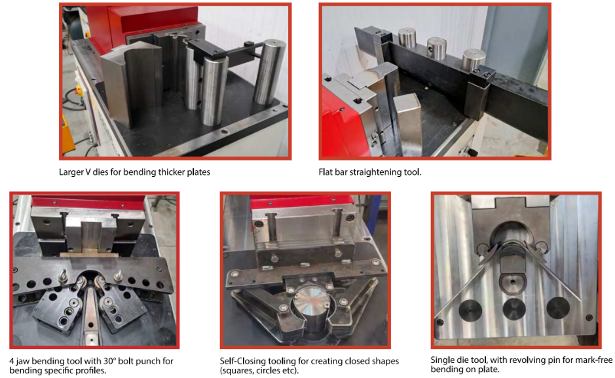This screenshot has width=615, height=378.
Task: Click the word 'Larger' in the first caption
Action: click(71, 172)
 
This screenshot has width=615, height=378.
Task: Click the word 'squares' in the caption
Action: click(236, 371)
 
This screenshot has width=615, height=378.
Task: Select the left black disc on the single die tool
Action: click(470, 310)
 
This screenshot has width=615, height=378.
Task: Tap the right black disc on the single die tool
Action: click(558, 307)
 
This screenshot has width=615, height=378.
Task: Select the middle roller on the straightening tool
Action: click(437, 48)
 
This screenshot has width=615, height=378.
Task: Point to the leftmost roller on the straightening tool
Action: click(407, 38)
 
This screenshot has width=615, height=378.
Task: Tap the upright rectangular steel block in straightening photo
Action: click(408, 124)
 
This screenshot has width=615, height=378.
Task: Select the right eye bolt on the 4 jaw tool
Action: click(118, 276)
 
